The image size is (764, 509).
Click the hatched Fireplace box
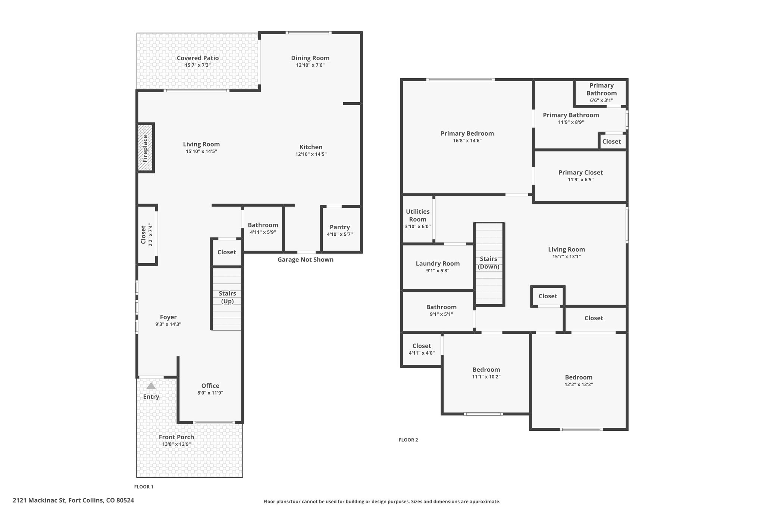point(145,148)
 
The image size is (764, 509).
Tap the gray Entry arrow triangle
point(151,386)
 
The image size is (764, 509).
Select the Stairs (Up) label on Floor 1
point(227,297)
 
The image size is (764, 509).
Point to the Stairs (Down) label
point(488,263)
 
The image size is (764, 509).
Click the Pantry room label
point(340,227)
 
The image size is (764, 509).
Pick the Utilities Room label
point(418,216)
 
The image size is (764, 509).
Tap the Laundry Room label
point(438,264)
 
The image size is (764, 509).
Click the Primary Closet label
point(580,172)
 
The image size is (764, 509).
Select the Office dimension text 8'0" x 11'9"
point(210,393)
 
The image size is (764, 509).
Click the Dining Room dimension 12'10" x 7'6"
point(310,65)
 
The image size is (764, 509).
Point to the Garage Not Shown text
point(306,260)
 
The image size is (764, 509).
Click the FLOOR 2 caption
point(408,440)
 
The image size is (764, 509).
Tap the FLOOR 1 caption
point(144,487)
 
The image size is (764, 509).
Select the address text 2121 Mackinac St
point(39,500)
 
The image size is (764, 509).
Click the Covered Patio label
point(198,58)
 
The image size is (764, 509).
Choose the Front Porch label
point(176,437)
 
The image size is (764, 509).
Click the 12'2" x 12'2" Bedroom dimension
point(579,384)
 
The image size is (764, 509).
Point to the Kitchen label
point(311,147)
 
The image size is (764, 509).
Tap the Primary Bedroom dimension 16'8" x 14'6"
point(467,141)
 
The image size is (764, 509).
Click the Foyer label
point(168,317)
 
